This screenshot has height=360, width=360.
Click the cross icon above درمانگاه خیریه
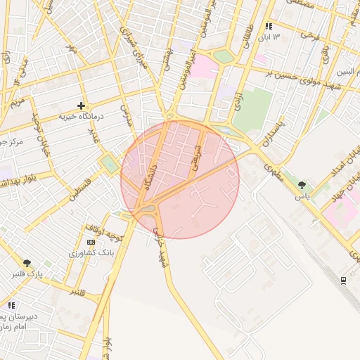tap(82, 105)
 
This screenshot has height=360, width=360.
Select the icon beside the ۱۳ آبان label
tap(268, 26)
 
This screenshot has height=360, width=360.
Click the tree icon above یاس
tap(302, 185)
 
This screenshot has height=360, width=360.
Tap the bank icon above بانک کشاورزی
tap(91, 242)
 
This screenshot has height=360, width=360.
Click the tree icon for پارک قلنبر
tap(27, 263)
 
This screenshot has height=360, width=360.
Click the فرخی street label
tap(305, 34)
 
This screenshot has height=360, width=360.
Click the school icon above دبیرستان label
tap(11, 305)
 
